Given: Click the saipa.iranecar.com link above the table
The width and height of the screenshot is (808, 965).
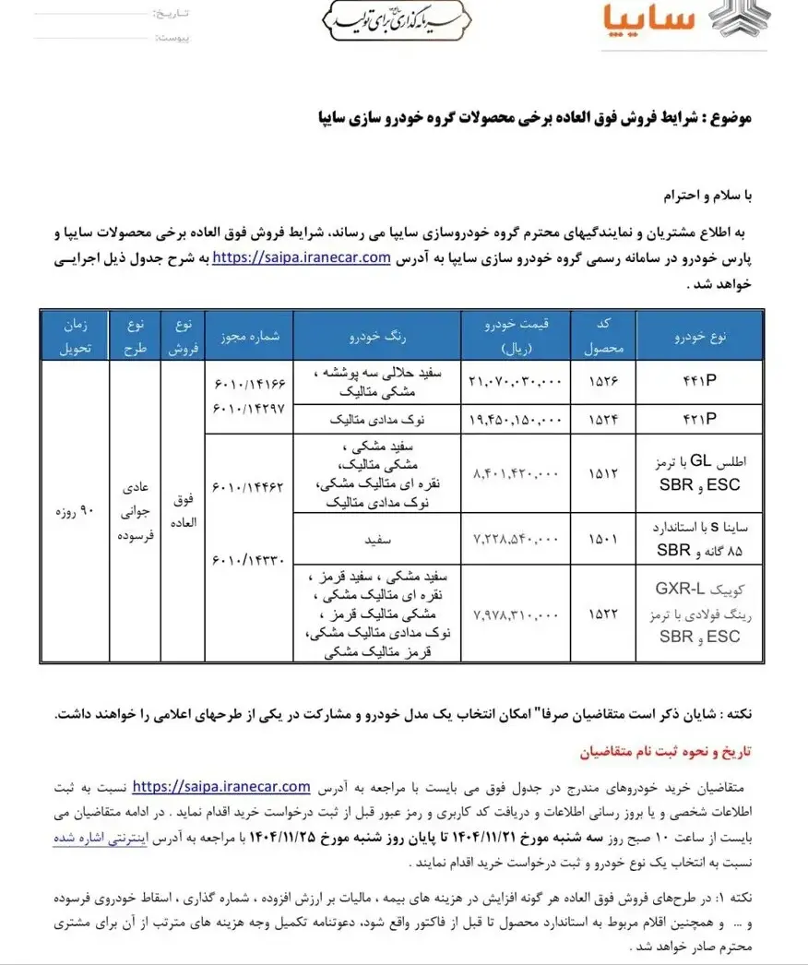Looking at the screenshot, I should [x=302, y=258].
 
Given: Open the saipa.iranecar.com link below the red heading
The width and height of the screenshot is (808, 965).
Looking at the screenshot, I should [x=221, y=787].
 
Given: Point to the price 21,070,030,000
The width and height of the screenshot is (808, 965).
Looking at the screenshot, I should [x=516, y=382].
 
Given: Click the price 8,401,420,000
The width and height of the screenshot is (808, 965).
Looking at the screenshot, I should [x=516, y=474].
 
